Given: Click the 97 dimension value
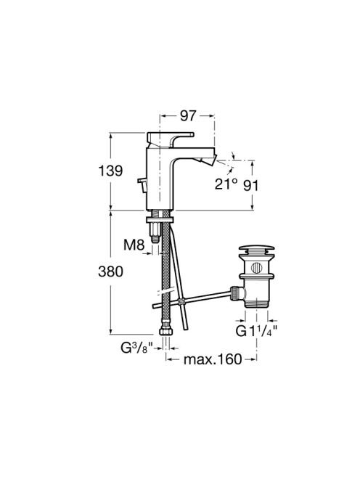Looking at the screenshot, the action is pyautogui.click(x=188, y=115).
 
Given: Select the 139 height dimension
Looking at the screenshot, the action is pyautogui.click(x=110, y=171).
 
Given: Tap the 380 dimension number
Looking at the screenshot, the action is pyautogui.click(x=110, y=271).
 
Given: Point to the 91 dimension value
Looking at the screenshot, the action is pyautogui.click(x=251, y=185).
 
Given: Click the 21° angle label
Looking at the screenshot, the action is pyautogui.click(x=226, y=184).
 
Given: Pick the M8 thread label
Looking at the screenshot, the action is pyautogui.click(x=134, y=245).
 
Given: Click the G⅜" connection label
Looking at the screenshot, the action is pyautogui.click(x=136, y=348).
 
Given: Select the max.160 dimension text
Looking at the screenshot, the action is pyautogui.click(x=213, y=359).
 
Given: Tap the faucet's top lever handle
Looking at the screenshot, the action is pyautogui.click(x=170, y=139).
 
